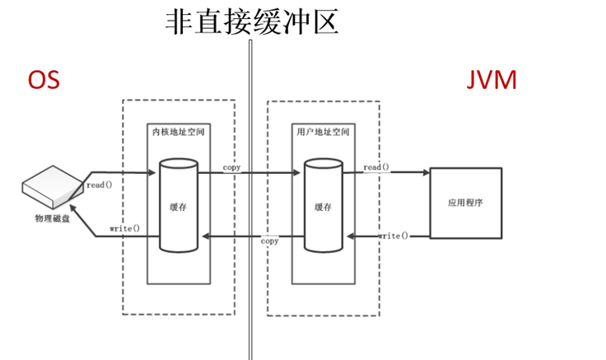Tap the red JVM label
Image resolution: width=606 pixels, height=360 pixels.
pos(493,80)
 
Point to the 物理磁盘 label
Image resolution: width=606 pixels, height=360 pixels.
pos(52,218)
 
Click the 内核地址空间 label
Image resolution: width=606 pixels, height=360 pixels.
pos(178,132)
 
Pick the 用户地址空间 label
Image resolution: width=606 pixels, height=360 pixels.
pos(322,132)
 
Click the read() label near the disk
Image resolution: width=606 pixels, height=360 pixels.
pos(99,185)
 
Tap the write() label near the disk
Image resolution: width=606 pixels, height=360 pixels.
pos(124,227)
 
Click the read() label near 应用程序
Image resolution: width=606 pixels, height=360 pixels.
pos(376,167)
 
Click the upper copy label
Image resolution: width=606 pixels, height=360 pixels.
pos(231,167)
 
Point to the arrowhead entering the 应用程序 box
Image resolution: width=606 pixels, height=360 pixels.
pos(426,173)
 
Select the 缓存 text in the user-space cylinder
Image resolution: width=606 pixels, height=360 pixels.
pos(322,208)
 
